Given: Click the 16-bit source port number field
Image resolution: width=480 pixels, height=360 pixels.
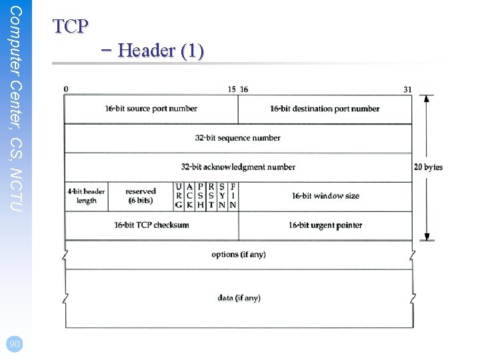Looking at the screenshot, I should click(151, 109).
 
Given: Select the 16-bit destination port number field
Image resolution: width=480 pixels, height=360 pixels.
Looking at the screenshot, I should click(325, 109).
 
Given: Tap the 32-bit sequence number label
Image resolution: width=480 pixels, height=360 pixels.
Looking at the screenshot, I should click(238, 138).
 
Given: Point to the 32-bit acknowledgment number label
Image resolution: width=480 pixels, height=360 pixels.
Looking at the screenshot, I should click(238, 167).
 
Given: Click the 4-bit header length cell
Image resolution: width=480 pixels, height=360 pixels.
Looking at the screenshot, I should click(86, 196).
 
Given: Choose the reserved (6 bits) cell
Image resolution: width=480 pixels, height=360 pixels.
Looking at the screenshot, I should click(140, 196).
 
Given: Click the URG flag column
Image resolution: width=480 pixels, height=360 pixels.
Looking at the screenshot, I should click(179, 196).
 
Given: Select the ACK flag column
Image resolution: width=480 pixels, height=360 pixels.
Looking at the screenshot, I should click(190, 196).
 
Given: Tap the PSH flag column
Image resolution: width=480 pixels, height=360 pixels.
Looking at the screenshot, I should click(201, 196).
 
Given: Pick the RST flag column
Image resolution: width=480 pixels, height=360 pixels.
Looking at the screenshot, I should click(211, 196).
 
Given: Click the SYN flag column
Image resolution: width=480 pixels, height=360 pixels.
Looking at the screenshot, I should click(222, 196).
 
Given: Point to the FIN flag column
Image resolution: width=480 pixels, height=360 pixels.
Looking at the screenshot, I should click(233, 196).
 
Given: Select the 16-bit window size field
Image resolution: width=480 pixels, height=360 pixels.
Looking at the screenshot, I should click(325, 196).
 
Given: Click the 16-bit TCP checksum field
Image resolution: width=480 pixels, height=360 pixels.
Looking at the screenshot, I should click(151, 225).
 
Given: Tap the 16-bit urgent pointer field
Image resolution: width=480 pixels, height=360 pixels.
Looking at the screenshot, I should click(325, 225).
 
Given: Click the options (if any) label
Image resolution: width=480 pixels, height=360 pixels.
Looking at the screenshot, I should click(238, 255).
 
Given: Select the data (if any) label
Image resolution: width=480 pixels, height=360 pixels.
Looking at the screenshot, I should click(238, 298).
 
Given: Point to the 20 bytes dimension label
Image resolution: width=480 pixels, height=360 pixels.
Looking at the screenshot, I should click(428, 167).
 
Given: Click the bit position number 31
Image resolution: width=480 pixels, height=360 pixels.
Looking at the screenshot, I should click(407, 89).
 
